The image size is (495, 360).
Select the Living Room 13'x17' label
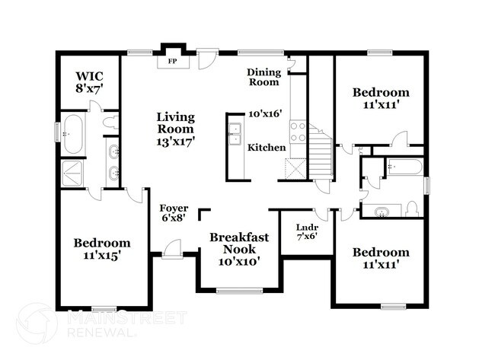point(176,129)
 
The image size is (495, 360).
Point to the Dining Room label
point(264,77)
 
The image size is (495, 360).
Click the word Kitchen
point(267,147)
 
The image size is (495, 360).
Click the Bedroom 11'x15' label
point(101,249)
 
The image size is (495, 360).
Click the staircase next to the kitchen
point(320,156)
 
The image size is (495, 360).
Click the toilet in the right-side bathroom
point(411,208)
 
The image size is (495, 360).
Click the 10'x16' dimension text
point(266,113)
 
